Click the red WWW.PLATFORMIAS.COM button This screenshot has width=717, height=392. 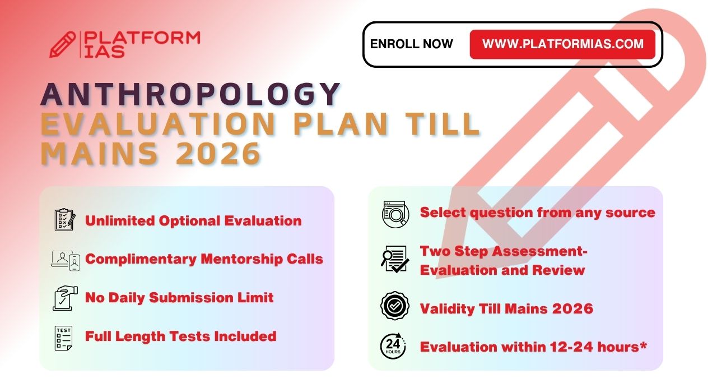[562, 44]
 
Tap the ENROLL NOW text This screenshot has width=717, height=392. [411, 44]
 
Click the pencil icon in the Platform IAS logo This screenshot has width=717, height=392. [62, 44]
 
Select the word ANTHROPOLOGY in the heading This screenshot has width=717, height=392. [190, 94]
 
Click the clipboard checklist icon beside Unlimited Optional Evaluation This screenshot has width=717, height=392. [65, 220]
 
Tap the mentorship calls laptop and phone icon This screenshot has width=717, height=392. [66, 261]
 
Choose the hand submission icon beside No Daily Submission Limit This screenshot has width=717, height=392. [65, 298]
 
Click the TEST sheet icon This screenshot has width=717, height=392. [63, 338]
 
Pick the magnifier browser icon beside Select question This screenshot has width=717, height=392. [395, 214]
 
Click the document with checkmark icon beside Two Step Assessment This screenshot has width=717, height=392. [395, 259]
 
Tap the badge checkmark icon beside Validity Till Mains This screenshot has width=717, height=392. [395, 306]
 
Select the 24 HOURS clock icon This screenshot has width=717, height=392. [393, 346]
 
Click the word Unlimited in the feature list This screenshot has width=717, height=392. [120, 221]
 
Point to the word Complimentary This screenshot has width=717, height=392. [141, 260]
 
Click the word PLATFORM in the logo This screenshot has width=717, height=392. [142, 38]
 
